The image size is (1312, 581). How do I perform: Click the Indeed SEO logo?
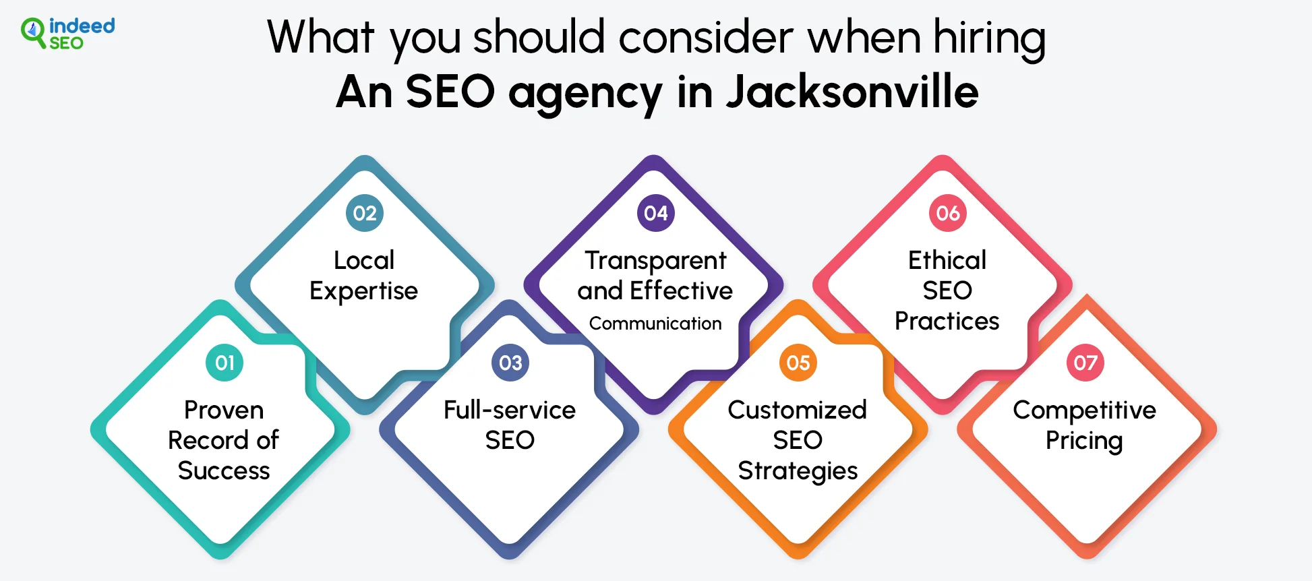pyautogui.click(x=67, y=33)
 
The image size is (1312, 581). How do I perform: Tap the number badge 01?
pyautogui.click(x=225, y=363)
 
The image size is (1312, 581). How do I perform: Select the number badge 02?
pyautogui.click(x=365, y=213)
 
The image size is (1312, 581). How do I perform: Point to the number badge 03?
pyautogui.click(x=510, y=363)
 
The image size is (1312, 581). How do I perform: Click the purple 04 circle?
pyautogui.click(x=656, y=213)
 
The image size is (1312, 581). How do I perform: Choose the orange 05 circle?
pyautogui.click(x=798, y=363)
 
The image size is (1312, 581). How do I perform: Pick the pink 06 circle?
pyautogui.click(x=948, y=213)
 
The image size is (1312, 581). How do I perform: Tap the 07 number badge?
pyautogui.click(x=1085, y=363)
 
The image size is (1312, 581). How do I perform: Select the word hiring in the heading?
pyautogui.click(x=990, y=38)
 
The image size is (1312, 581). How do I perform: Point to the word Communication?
pyautogui.click(x=655, y=324)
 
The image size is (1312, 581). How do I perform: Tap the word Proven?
pyautogui.click(x=224, y=410)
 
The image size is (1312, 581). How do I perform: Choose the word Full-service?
pyautogui.click(x=510, y=410)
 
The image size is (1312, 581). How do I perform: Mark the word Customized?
pyautogui.click(x=798, y=410)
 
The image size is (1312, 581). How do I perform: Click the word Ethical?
pyautogui.click(x=947, y=260)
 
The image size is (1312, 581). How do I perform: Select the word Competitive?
pyautogui.click(x=1085, y=410)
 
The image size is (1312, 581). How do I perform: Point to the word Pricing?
pyautogui.click(x=1084, y=441)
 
